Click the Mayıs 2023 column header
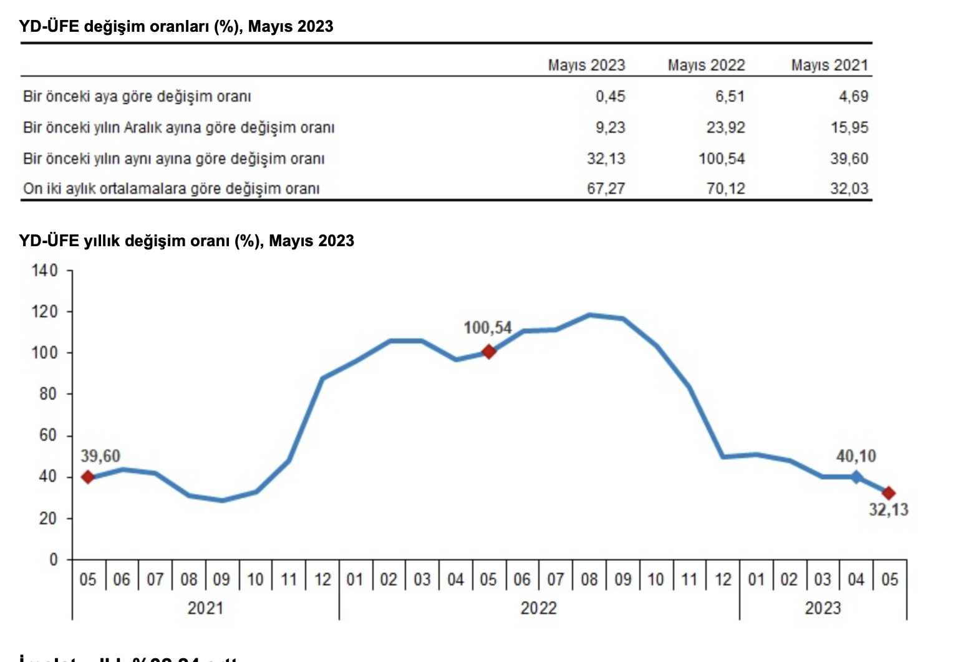[586, 65]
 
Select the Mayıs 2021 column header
[830, 65]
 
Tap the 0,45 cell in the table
[610, 96]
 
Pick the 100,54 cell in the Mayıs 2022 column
[722, 158]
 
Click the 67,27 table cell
[606, 188]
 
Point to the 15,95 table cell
[849, 127]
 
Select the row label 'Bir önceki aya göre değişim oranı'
[137, 97]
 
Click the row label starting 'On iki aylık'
[172, 188]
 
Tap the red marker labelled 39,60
[88, 477]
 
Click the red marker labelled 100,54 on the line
[489, 352]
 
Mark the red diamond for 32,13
[889, 493]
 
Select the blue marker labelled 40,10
[856, 477]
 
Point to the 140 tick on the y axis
[44, 271]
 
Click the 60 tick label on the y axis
[47, 435]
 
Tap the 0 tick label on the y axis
[54, 559]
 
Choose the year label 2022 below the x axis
[538, 608]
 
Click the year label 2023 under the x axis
[823, 608]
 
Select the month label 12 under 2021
[322, 580]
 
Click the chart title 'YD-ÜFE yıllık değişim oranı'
[186, 241]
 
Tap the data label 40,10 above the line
[856, 456]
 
